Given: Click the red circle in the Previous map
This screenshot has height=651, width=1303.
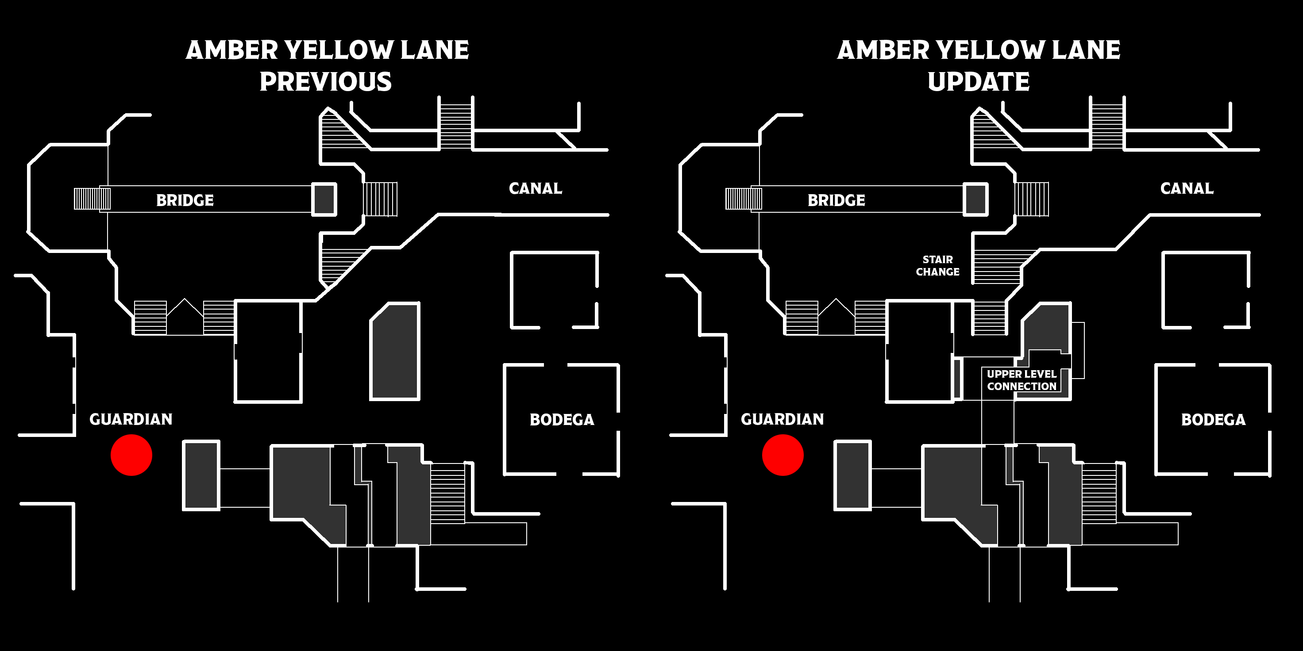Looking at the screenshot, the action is click(x=131, y=455).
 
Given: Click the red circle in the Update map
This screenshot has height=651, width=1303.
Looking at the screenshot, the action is click(x=783, y=455).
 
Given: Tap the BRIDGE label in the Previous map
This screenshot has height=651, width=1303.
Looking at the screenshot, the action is click(x=185, y=200).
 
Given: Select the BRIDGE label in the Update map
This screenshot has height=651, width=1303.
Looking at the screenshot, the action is click(x=837, y=200).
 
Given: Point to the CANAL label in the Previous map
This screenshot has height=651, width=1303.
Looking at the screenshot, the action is click(x=536, y=188).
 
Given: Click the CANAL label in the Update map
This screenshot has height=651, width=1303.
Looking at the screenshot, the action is click(x=1187, y=188).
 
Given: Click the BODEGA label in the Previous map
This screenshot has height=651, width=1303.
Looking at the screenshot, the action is click(x=562, y=420).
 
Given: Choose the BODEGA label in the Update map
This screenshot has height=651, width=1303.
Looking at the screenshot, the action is click(x=1214, y=420).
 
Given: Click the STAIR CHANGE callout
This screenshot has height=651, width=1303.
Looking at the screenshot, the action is click(x=938, y=266).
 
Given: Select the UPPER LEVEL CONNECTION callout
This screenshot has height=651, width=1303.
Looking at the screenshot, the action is click(x=1022, y=380).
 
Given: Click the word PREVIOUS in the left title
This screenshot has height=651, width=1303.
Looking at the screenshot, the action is click(x=326, y=82).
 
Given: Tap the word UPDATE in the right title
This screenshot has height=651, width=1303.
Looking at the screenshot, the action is click(x=979, y=82).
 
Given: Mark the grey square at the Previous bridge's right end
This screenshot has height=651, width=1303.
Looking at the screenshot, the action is click(x=324, y=199).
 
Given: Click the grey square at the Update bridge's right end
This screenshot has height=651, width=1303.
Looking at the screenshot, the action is click(x=975, y=199).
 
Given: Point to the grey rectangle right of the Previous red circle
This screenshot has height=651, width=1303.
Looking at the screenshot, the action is click(x=201, y=475).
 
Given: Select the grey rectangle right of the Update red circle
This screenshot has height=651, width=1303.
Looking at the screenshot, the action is click(x=853, y=475).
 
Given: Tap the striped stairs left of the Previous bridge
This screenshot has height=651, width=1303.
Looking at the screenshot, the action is click(x=92, y=199).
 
